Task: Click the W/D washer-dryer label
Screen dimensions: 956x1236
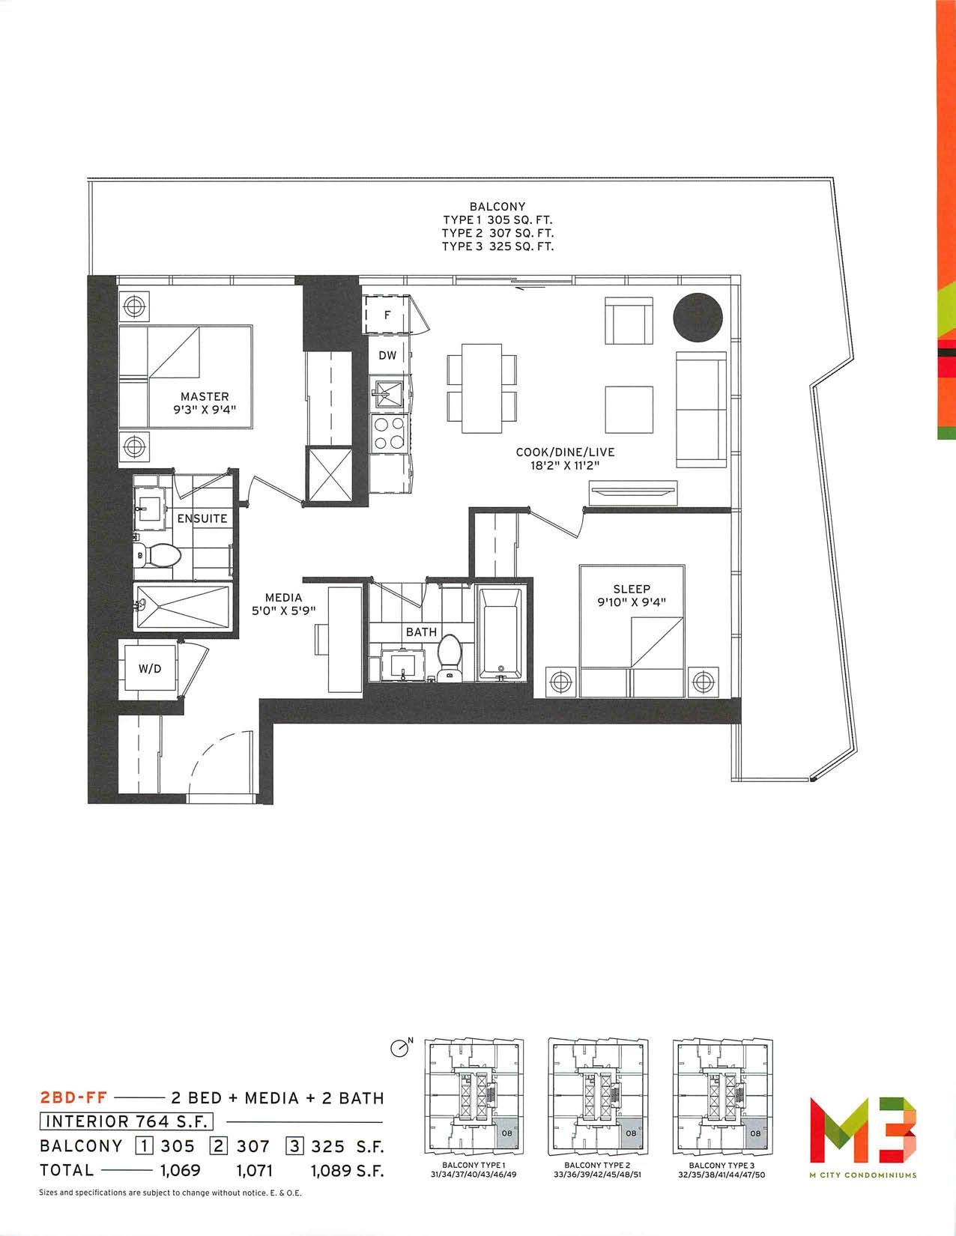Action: pyautogui.click(x=150, y=669)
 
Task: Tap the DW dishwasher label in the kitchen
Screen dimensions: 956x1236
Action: pyautogui.click(x=387, y=356)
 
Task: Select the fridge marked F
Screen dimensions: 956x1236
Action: pyautogui.click(x=387, y=315)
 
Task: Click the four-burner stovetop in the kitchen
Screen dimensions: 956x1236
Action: pyautogui.click(x=387, y=434)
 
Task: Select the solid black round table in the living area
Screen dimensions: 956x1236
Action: pyautogui.click(x=698, y=318)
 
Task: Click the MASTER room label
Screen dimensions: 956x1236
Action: pyautogui.click(x=205, y=396)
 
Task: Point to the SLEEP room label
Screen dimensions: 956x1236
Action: pyautogui.click(x=632, y=590)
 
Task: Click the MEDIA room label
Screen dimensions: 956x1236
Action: pyautogui.click(x=283, y=598)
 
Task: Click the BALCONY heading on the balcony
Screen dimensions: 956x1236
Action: pyautogui.click(x=497, y=207)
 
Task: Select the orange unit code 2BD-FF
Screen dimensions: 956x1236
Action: pyautogui.click(x=73, y=1097)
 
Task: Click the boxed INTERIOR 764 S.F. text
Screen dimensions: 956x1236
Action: pyautogui.click(x=126, y=1121)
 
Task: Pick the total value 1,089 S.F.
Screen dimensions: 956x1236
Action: pyautogui.click(x=347, y=1170)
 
